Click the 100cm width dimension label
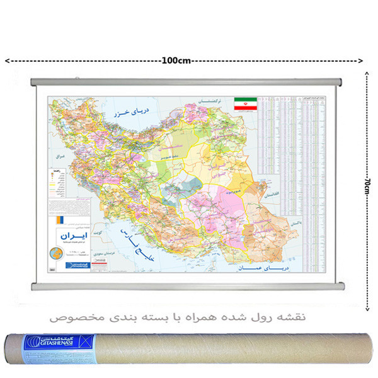[176, 61]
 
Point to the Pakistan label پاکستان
[278, 224]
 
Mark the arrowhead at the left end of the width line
[6, 61]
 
